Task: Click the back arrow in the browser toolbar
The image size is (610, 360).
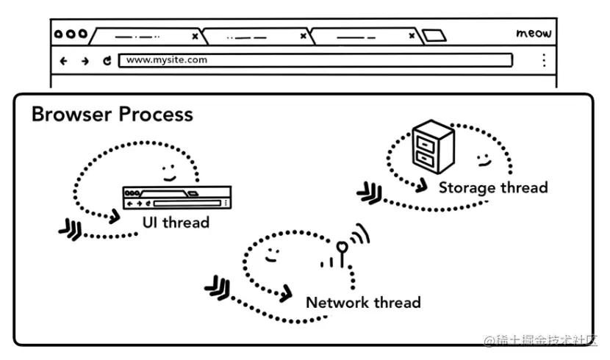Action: coord(63,61)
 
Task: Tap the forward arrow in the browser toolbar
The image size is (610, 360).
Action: coord(85,61)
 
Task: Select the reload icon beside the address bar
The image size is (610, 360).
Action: coord(107,61)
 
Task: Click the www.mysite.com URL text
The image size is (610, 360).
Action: coord(167,60)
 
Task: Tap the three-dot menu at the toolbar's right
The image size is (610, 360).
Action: coord(544,60)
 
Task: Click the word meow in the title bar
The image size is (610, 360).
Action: coord(534,34)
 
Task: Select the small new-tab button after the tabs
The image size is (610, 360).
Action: coord(434,35)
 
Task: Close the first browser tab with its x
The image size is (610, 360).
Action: coord(195,36)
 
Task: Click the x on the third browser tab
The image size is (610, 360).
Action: coord(412,36)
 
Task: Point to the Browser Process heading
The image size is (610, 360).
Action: coord(112,115)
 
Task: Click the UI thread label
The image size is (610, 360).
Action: coord(176,223)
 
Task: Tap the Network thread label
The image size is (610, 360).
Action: coord(363,303)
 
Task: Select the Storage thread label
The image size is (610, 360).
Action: coord(493,188)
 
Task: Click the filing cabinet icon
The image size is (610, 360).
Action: coord(433,146)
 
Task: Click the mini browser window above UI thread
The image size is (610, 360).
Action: coord(177,198)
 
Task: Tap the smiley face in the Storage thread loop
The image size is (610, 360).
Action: coord(484,160)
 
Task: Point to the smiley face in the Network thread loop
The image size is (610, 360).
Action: coord(271,255)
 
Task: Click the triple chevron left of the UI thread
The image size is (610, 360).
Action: coord(71,229)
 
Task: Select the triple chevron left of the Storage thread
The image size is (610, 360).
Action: coord(370,192)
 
